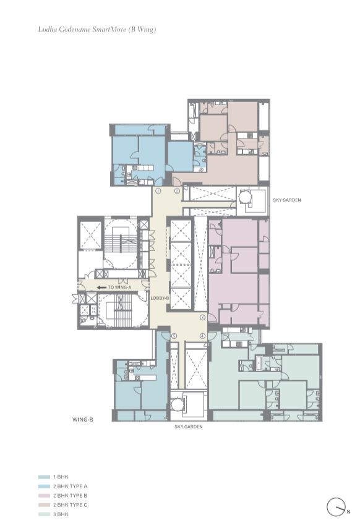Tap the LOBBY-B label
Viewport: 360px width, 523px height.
coord(160,298)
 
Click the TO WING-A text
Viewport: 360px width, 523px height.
coord(120,287)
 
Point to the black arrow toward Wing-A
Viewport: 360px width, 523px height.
coord(101,287)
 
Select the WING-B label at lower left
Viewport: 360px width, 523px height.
coord(83,420)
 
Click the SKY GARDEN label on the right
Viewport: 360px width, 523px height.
coord(287,200)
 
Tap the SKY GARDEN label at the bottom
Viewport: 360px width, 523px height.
coord(188,427)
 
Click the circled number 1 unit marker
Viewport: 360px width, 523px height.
coord(158,192)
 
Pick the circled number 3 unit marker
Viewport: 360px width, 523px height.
coord(202,317)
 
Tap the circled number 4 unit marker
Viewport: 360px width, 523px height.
coord(202,336)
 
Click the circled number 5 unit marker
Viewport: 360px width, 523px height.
coord(174,336)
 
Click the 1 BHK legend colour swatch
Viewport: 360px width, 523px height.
coord(44,477)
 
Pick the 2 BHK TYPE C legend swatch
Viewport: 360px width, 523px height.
coord(44,505)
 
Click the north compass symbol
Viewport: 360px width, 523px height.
coord(335,507)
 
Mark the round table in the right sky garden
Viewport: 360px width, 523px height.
coord(246,197)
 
